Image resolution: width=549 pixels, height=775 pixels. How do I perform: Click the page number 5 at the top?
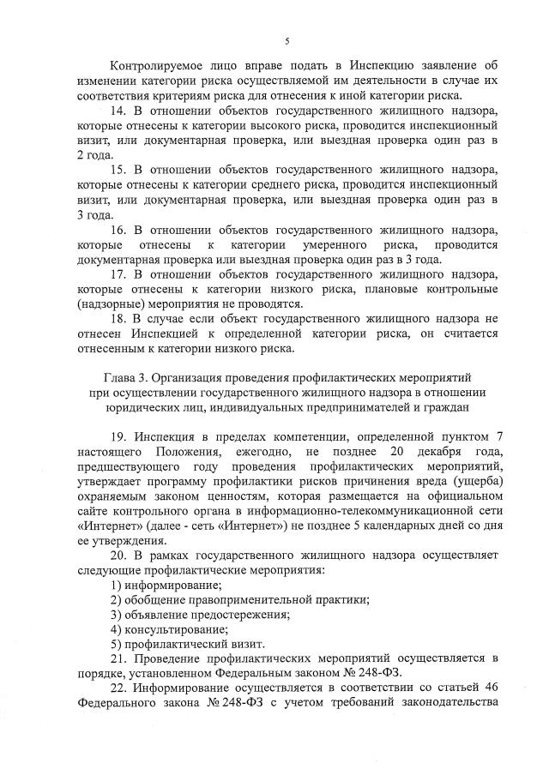(x=287, y=40)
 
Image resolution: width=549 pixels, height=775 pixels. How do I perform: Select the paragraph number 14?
(x=118, y=111)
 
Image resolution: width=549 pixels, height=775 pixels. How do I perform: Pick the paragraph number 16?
(x=118, y=231)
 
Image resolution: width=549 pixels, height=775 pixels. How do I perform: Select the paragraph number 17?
(x=118, y=275)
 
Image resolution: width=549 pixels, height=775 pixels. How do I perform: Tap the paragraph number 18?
(x=118, y=320)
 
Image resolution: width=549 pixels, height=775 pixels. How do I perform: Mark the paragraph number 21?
(x=118, y=659)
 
